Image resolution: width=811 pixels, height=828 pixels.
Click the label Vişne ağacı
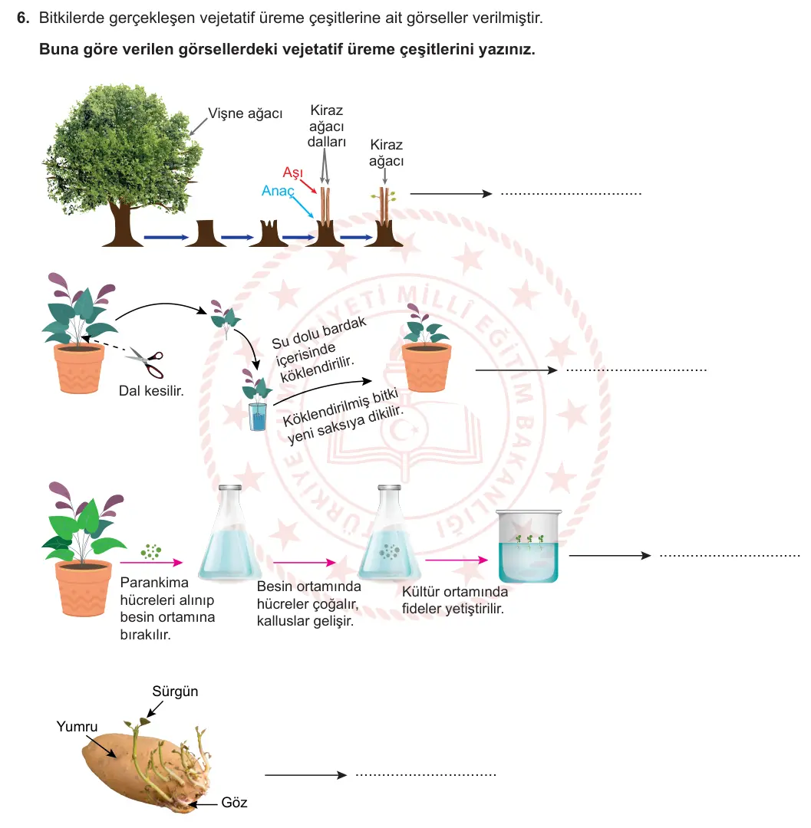(246, 113)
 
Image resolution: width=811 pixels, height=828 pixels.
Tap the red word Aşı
(292, 172)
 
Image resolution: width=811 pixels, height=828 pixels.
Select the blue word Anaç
(278, 191)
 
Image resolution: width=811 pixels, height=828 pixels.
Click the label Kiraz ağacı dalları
(327, 127)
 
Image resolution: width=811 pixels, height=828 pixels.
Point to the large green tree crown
(123, 145)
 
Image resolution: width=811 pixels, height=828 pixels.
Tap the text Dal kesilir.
(151, 391)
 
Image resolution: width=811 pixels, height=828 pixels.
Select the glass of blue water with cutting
(258, 416)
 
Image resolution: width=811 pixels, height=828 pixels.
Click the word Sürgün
(175, 692)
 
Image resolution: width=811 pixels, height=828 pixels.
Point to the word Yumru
(77, 727)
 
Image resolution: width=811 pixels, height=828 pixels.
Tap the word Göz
(234, 803)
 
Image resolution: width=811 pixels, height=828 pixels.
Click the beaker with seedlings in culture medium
(529, 546)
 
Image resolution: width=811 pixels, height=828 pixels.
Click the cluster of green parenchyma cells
(150, 552)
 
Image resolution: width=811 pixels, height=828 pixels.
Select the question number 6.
(23, 18)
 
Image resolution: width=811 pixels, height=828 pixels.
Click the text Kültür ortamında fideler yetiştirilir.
(454, 600)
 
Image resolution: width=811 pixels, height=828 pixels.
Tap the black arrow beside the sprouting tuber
(305, 775)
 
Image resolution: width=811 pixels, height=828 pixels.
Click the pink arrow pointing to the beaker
(457, 560)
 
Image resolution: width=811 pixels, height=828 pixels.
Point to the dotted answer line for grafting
(571, 194)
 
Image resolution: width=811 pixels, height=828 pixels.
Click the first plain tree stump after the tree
(206, 233)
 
